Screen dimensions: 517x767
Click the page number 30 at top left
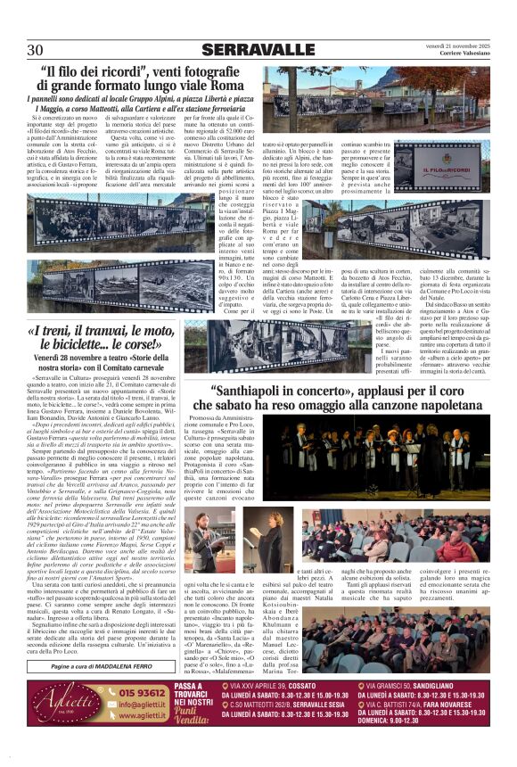tap(36, 49)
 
